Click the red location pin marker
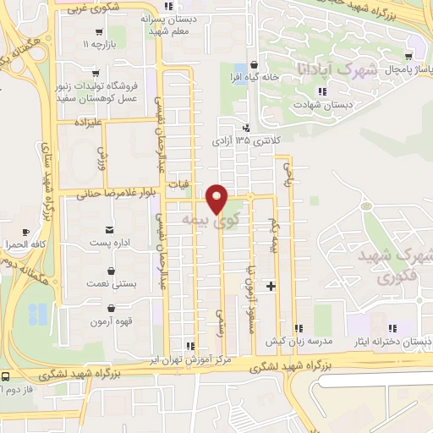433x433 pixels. pyautogui.click(x=217, y=199)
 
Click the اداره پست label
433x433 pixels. pyautogui.click(x=108, y=243)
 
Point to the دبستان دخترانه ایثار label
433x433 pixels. pyautogui.click(x=392, y=341)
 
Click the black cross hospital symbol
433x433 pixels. pyautogui.click(x=271, y=287)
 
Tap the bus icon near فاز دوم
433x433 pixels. pyautogui.click(x=6, y=375)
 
